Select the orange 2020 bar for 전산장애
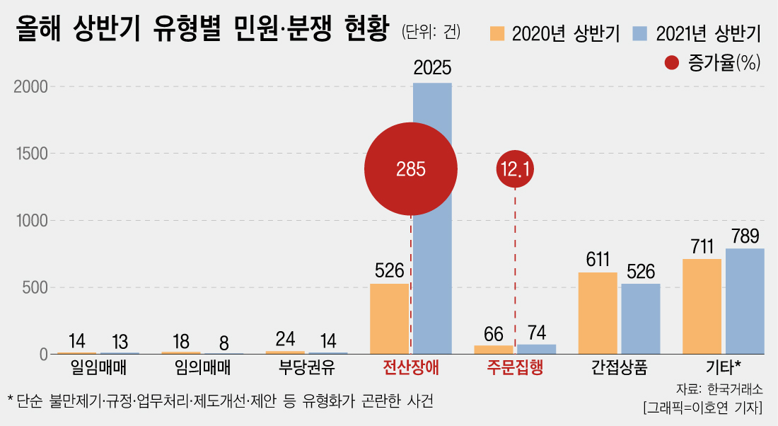click(x=389, y=318)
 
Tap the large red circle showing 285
click(x=410, y=169)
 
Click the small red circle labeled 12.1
click(x=515, y=170)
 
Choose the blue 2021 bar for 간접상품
click(x=641, y=318)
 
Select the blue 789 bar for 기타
click(x=745, y=301)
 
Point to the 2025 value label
click(x=432, y=69)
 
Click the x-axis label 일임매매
click(x=98, y=367)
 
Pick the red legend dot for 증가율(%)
click(x=673, y=62)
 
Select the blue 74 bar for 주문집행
click(x=537, y=349)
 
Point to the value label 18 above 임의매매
click(x=180, y=342)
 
